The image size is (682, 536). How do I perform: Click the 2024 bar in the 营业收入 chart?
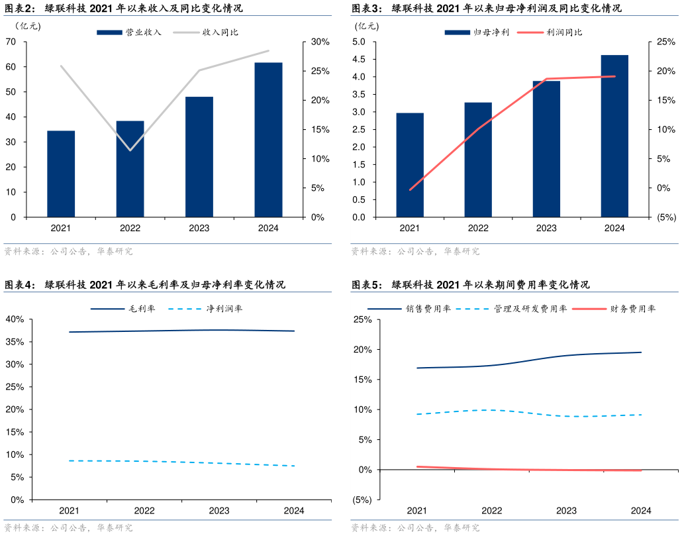click(268, 140)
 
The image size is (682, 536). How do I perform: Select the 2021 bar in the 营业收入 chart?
click(61, 174)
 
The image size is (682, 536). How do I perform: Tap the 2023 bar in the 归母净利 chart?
click(546, 149)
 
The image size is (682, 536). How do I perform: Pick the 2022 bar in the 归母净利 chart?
click(478, 160)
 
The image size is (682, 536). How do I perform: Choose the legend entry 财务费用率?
click(633, 309)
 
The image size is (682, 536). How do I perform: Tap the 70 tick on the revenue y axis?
click(11, 42)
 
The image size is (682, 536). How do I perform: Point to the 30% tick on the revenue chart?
click(320, 42)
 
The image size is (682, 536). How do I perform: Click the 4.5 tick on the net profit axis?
click(359, 59)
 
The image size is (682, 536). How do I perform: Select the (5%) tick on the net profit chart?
click(665, 217)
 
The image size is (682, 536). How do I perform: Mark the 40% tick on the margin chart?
click(15, 319)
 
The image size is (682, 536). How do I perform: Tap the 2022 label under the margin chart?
click(144, 511)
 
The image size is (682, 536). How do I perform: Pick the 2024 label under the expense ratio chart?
click(641, 511)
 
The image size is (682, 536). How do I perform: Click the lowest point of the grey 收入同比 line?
click(130, 150)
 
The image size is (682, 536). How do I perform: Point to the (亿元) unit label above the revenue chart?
click(28, 27)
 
